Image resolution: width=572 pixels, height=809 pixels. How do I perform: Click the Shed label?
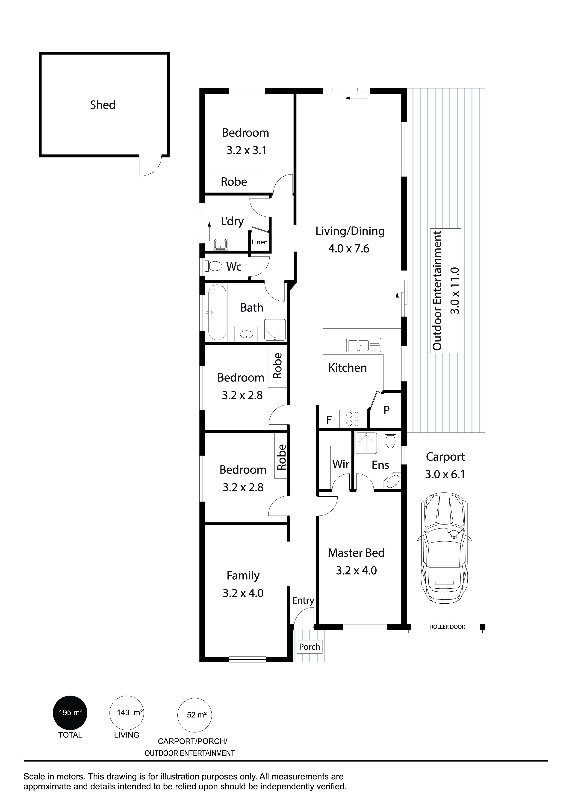click(x=103, y=105)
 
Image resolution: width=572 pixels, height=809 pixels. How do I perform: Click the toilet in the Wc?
click(x=214, y=266)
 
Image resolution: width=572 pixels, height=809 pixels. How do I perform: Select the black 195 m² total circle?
click(x=70, y=713)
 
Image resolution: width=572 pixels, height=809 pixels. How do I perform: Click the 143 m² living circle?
click(x=127, y=713)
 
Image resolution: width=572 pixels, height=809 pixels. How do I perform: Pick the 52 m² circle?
click(x=195, y=715)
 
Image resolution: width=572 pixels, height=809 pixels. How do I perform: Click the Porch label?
click(x=310, y=647)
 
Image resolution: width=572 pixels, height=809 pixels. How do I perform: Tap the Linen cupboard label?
click(x=259, y=242)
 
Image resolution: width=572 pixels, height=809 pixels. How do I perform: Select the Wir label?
click(x=341, y=464)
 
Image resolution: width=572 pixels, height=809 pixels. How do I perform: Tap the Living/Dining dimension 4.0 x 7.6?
click(x=349, y=249)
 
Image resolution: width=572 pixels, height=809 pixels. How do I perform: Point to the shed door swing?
click(x=151, y=166)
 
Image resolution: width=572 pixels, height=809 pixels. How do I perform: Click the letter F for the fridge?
click(x=329, y=420)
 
